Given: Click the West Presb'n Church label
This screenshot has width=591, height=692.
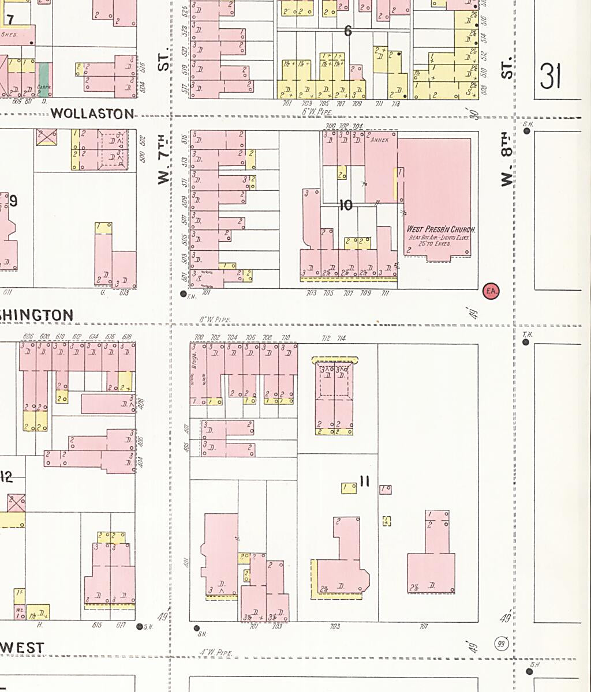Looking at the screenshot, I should tap(440, 229).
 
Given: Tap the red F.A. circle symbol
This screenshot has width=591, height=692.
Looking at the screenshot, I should tap(491, 291).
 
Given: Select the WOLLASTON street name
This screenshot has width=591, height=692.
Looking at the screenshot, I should tap(92, 114).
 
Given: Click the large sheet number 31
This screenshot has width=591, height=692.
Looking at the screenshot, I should tap(551, 76).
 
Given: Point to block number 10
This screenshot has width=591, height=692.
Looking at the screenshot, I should tap(346, 205).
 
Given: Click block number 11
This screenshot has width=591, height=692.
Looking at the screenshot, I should tap(364, 481).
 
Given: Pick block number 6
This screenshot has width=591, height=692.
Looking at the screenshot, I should tap(347, 31).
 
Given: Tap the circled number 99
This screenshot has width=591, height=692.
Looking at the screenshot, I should tap(502, 644).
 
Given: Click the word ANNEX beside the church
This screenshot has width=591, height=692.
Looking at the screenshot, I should tap(380, 140).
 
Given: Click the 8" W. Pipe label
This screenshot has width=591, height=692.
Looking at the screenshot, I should tap(215, 319).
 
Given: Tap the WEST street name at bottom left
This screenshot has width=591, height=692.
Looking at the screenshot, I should tap(22, 648).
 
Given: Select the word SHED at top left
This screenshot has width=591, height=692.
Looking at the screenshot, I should tap(10, 35).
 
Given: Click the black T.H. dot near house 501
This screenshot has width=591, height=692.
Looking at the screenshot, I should tap(184, 294).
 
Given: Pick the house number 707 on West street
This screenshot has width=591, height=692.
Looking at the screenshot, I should tap(424, 627).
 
